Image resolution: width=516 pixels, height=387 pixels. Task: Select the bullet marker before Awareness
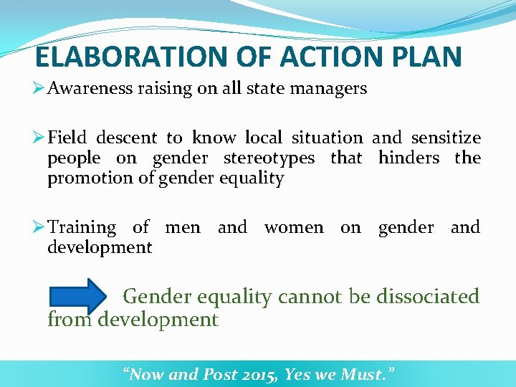(40, 89)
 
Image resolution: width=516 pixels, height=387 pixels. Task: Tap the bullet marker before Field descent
(40, 138)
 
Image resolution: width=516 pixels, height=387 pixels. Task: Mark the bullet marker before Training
(40, 228)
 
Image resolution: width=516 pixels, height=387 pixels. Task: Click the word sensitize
(445, 138)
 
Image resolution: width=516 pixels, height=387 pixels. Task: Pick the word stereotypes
(269, 158)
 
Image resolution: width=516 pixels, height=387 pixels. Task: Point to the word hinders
(408, 158)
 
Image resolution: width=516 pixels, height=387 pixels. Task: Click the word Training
(82, 228)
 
